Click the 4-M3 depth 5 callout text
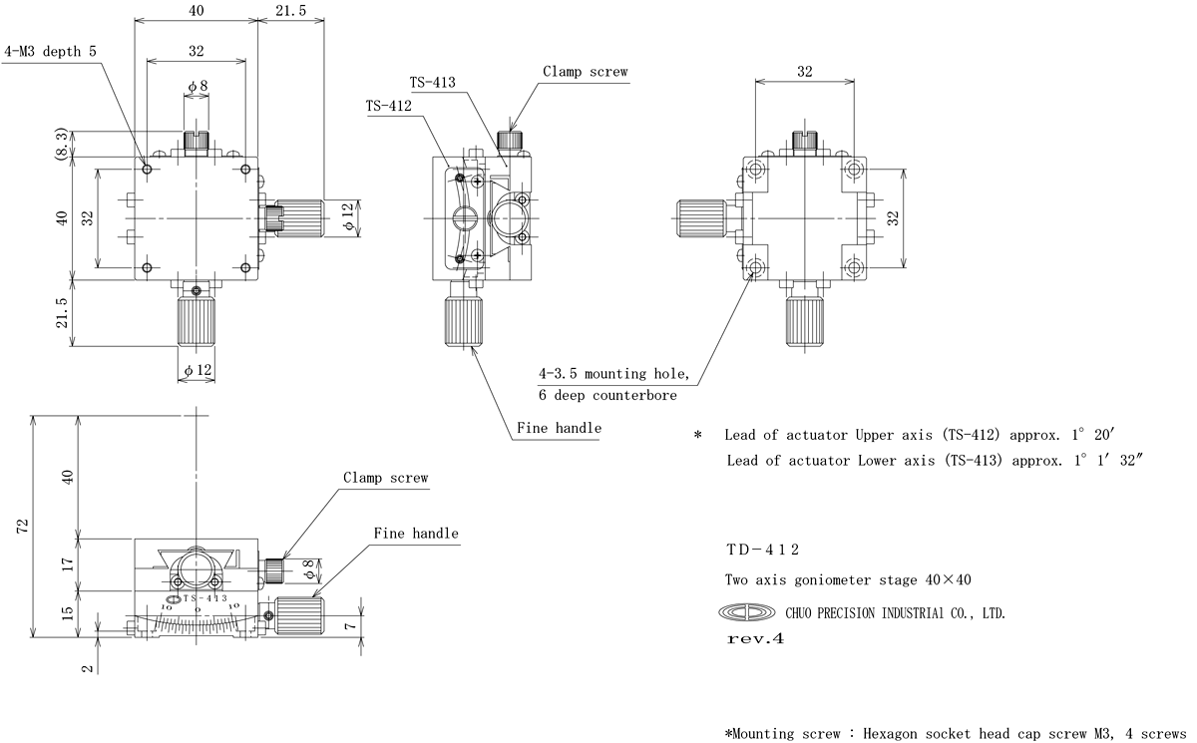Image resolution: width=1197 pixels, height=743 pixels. (51, 51)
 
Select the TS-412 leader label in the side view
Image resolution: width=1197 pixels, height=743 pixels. (388, 106)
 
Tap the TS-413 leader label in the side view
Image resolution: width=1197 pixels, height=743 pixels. (432, 82)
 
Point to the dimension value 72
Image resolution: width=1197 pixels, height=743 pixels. (22, 527)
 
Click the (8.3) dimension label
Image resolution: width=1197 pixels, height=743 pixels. (62, 144)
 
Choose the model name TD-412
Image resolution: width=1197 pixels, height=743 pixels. (762, 550)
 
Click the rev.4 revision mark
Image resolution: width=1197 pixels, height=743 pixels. (755, 639)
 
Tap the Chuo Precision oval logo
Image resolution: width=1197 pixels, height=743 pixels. (746, 612)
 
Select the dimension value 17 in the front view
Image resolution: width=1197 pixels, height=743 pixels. (68, 564)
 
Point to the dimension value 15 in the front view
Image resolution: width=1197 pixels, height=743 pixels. (68, 613)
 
